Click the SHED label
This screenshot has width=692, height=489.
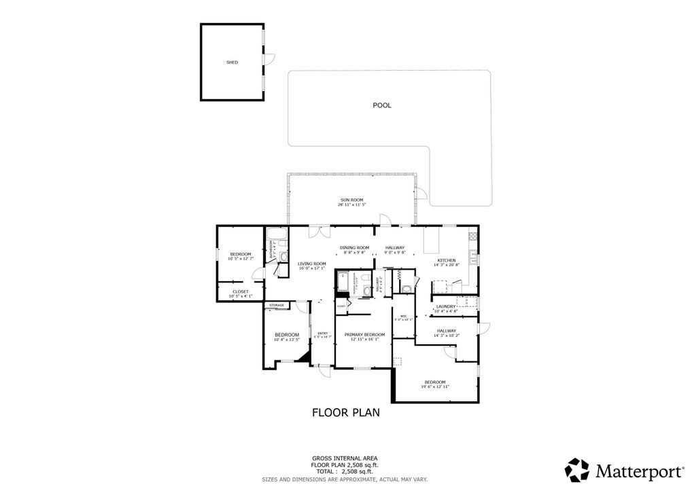[232, 62]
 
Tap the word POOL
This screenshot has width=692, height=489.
[382, 105]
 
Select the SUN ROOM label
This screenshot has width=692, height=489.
[351, 200]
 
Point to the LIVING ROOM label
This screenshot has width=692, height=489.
[312, 264]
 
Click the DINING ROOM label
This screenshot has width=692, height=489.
[354, 247]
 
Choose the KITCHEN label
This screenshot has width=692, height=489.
[446, 261]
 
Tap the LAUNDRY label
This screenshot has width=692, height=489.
[446, 306]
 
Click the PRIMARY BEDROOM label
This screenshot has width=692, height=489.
[364, 334]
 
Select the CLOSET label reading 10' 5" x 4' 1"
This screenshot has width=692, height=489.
[239, 291]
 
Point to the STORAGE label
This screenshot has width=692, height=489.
[277, 306]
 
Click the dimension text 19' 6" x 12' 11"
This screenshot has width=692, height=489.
[435, 387]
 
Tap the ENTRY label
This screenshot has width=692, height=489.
[323, 333]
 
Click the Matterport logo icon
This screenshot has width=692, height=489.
[577, 470]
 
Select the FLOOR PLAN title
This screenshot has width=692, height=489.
[345, 412]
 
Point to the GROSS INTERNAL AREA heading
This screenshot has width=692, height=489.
[345, 458]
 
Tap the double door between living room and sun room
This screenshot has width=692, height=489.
[315, 232]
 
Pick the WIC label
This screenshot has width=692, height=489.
[403, 315]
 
